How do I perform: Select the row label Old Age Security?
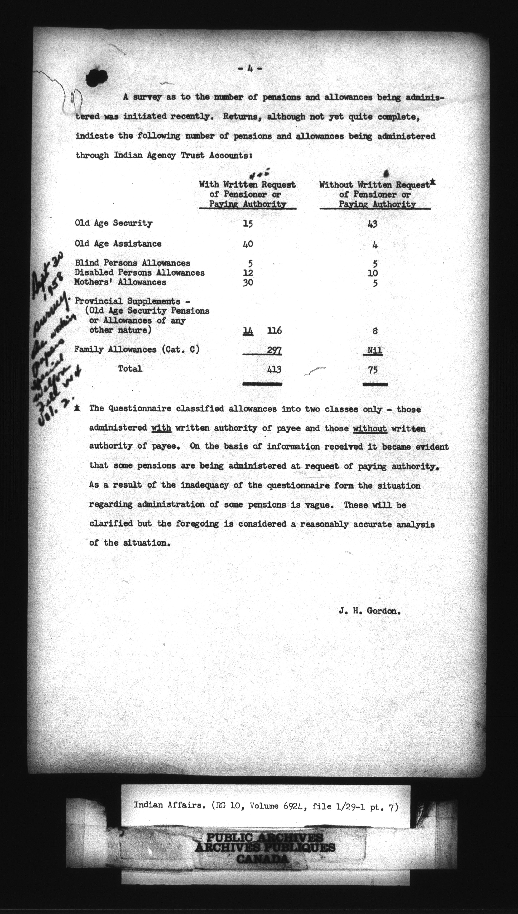pos(114,223)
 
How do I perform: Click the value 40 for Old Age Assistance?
pos(248,244)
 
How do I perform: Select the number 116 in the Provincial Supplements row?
pos(274,331)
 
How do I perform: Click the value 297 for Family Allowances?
pos(275,350)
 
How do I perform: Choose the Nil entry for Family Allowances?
pos(375,350)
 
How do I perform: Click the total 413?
pos(274,370)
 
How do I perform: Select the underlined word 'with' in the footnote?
pos(162,428)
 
